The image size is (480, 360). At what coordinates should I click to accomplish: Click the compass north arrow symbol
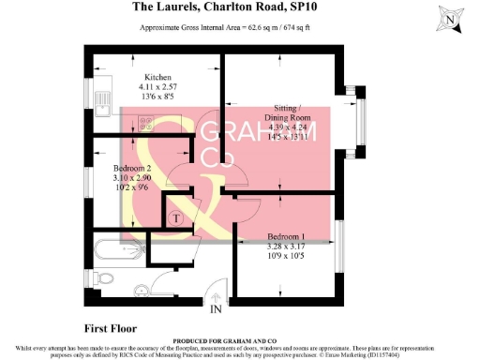pyautogui.click(x=452, y=18)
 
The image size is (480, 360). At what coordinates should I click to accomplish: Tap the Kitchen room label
pyautogui.click(x=157, y=78)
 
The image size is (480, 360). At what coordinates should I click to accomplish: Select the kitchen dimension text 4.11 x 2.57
pyautogui.click(x=157, y=87)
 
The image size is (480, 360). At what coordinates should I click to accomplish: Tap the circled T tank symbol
pyautogui.click(x=174, y=217)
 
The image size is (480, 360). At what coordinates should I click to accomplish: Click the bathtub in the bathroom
pyautogui.click(x=117, y=250)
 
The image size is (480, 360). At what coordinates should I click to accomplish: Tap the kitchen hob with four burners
pyautogui.click(x=147, y=121)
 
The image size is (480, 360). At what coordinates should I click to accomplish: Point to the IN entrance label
pyautogui.click(x=216, y=308)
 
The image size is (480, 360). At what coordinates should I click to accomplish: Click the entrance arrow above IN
pyautogui.click(x=216, y=296)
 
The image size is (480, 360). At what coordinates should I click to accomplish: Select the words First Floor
pyautogui.click(x=111, y=329)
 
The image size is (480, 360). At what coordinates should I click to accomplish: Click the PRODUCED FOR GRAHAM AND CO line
pyautogui.click(x=240, y=341)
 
